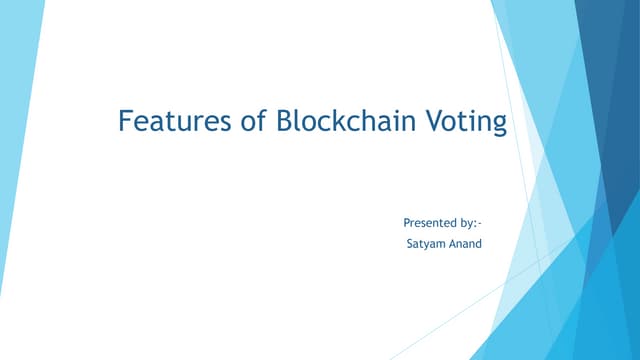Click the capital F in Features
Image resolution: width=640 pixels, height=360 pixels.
[125, 122]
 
